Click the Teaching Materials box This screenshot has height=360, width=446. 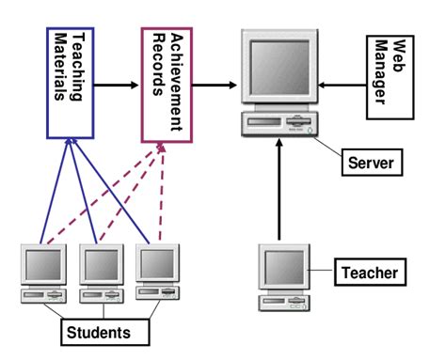click(72, 83)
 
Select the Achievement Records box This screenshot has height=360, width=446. click(167, 83)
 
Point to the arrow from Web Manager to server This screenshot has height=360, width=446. click(340, 86)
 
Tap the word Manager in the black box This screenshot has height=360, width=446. click(382, 78)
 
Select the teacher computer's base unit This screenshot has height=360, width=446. click(285, 302)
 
